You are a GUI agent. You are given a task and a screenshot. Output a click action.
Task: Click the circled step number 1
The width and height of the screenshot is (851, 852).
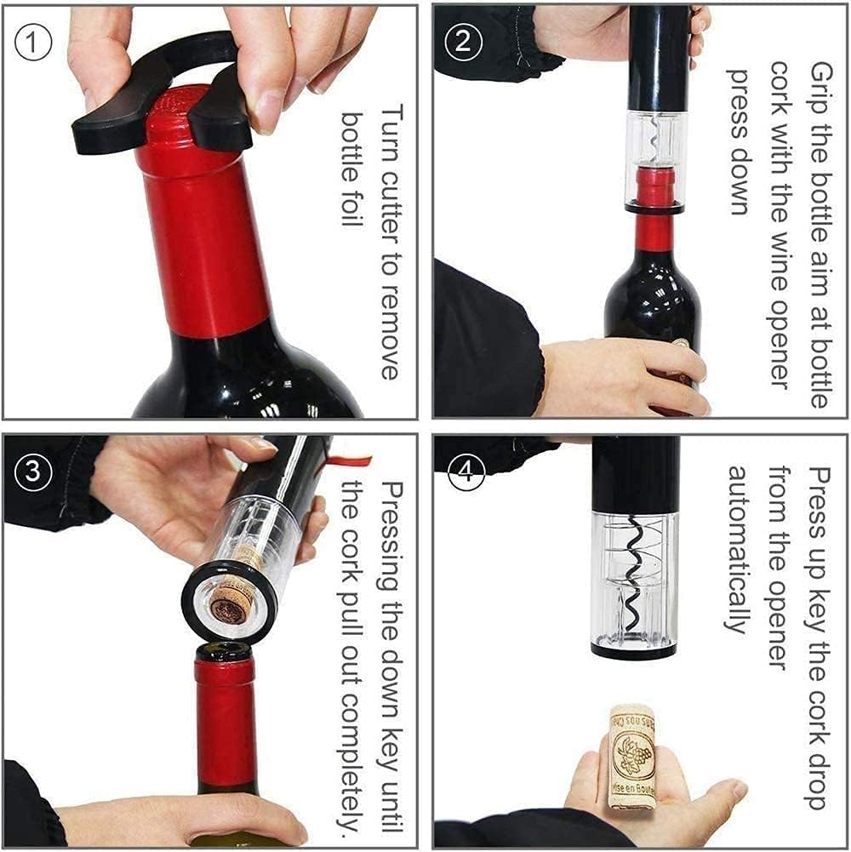(x=32, y=42)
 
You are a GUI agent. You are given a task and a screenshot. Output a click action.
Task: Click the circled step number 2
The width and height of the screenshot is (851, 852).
(x=463, y=42)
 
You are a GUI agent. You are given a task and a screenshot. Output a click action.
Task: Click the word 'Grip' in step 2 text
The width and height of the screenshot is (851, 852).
(x=820, y=85)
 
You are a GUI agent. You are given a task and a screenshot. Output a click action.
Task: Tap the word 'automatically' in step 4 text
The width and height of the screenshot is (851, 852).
(x=737, y=549)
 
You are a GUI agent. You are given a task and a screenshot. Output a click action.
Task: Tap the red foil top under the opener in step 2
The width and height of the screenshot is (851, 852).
(x=655, y=188)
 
